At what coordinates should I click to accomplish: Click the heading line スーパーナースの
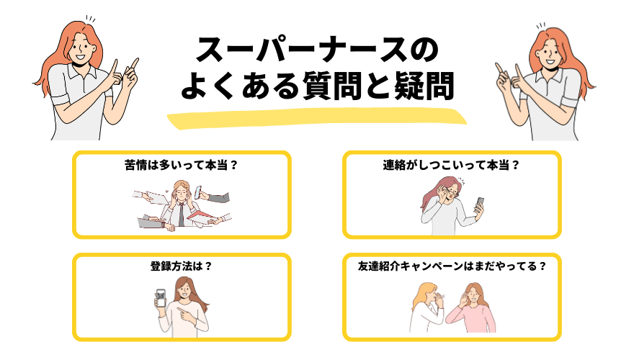317,53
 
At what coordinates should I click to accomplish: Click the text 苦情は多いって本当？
181,165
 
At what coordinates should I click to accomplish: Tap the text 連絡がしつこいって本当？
452,165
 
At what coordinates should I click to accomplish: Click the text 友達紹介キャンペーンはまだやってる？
452,266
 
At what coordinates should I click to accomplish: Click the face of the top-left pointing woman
81,47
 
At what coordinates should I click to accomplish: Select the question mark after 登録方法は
208,266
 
